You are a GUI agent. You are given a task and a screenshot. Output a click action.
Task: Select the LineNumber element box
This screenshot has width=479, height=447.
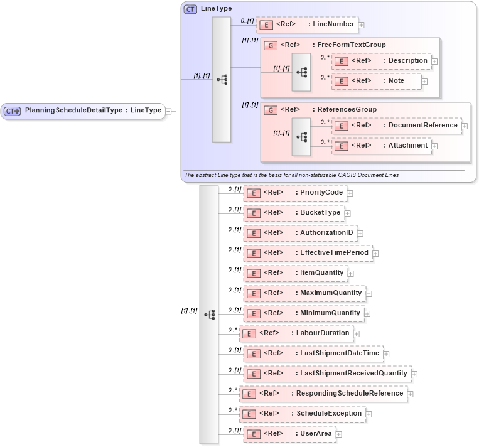coord(307,24)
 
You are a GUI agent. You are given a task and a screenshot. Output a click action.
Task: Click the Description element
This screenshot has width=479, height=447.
coord(382,61)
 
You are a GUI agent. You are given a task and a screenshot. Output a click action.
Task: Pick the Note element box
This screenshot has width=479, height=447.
coord(377,81)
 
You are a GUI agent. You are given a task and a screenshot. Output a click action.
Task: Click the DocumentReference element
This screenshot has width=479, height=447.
coord(397,126)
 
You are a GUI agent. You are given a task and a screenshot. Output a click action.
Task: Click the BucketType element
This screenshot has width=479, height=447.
coord(294,213)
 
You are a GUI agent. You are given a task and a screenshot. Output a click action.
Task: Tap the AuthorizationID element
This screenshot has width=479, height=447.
coord(300,233)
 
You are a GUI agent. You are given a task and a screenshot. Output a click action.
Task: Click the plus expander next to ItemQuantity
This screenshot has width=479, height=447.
coord(351,274)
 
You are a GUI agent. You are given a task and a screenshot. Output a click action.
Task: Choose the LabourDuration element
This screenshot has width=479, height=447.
coord(296,333)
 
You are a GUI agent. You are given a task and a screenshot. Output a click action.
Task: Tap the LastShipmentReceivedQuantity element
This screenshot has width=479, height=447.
coord(327,374)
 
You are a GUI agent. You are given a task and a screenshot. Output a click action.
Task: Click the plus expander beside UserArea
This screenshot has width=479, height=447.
coord(339,434)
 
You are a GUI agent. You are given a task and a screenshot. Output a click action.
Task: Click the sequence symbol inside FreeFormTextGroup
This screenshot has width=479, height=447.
coord(301,72)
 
